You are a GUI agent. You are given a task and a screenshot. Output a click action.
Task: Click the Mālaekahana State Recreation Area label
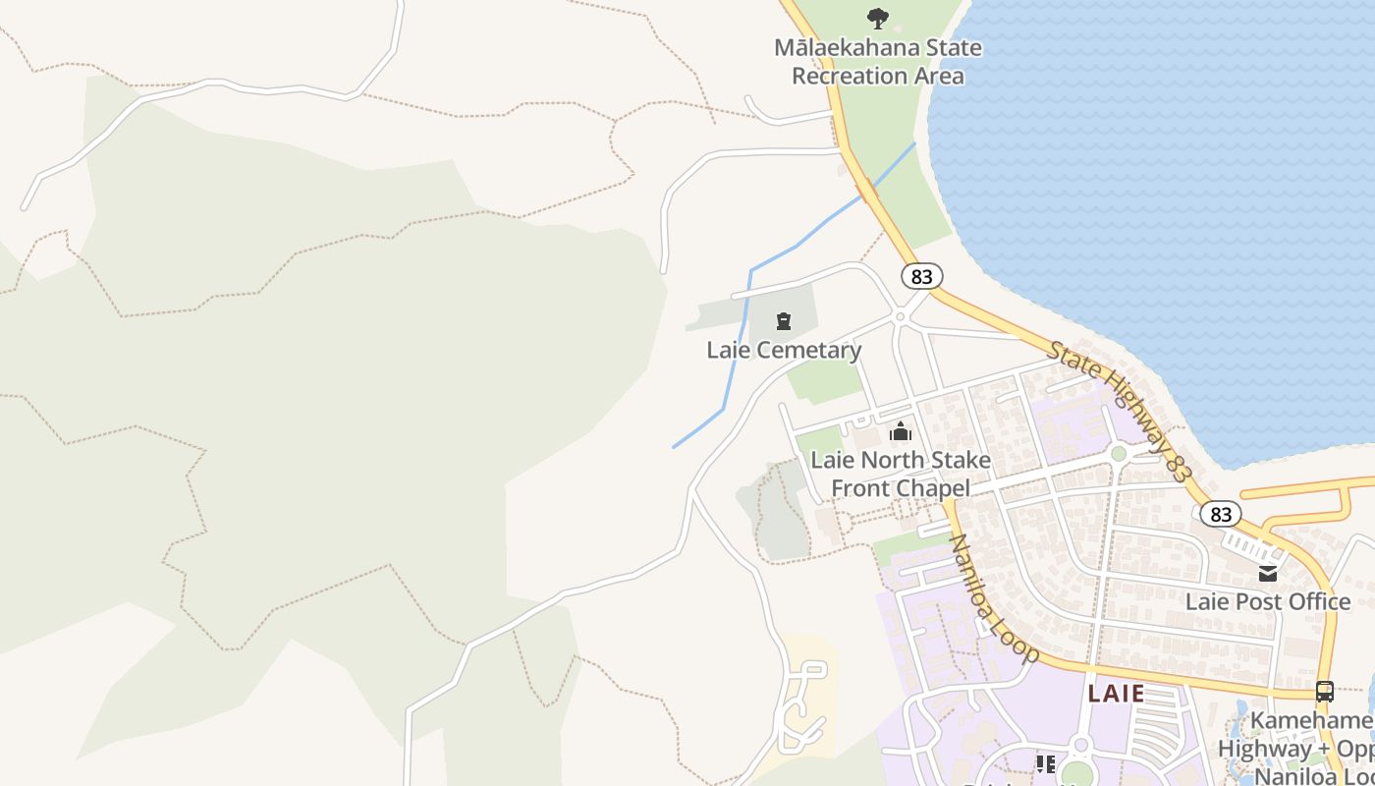[877, 61]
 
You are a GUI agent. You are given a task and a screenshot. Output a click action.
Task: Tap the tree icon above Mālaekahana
[877, 18]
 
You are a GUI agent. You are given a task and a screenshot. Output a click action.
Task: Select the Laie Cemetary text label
[784, 350]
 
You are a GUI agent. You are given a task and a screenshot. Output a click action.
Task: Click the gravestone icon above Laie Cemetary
[784, 321]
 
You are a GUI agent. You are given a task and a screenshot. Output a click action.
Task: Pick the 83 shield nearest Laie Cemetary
[921, 276]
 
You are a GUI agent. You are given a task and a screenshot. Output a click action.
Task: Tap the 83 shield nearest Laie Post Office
[1221, 514]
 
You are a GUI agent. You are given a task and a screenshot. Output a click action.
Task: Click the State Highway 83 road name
[1119, 411]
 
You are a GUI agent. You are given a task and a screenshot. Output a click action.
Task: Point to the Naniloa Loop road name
[994, 598]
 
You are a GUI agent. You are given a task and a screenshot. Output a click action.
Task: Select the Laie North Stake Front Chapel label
[900, 474]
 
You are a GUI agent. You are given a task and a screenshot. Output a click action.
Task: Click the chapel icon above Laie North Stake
[900, 431]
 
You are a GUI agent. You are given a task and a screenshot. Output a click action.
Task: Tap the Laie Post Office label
[1268, 601]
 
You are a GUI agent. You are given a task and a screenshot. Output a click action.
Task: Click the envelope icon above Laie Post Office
[1268, 573]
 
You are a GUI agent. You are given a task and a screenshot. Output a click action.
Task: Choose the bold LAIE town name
[1116, 694]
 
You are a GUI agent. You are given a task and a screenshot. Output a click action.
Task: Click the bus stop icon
[1325, 691]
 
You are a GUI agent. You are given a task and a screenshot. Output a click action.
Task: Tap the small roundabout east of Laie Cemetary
[900, 316]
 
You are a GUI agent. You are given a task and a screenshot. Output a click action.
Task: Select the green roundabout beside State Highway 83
[1118, 453]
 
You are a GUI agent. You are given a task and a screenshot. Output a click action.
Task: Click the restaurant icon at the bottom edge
[1045, 763]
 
